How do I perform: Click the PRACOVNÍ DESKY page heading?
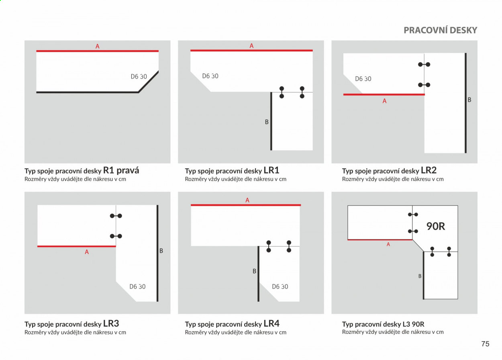tap(441, 30)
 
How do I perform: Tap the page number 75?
tap(485, 344)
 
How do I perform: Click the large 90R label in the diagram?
tap(436, 226)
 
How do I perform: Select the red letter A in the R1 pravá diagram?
tap(98, 46)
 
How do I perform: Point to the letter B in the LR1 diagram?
tap(267, 122)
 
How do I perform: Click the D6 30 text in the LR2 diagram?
tap(363, 79)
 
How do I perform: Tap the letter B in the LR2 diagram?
tap(469, 100)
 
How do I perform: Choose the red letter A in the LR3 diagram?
tap(87, 252)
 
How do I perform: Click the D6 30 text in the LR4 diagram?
tap(280, 286)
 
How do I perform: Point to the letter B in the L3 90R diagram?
tap(420, 276)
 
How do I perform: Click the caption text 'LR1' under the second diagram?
tap(271, 170)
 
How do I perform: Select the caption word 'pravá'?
tap(128, 170)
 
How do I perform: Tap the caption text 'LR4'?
tap(271, 323)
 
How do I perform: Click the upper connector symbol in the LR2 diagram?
tap(424, 65)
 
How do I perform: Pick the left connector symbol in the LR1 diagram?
tap(282, 92)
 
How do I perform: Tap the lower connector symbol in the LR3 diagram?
tap(116, 236)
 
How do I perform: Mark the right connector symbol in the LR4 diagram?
tap(289, 246)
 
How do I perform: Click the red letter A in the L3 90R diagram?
tap(388, 244)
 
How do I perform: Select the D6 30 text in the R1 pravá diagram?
tap(139, 76)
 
